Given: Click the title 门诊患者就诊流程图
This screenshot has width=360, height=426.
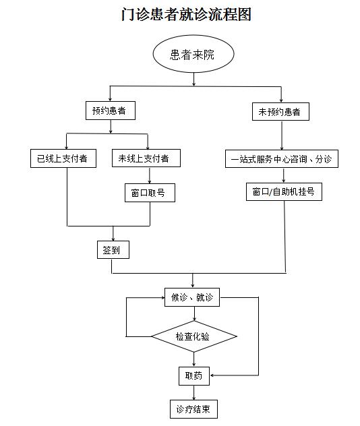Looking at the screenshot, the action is pyautogui.click(x=186, y=14).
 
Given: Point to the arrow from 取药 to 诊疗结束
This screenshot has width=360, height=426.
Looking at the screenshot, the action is pyautogui.click(x=194, y=392).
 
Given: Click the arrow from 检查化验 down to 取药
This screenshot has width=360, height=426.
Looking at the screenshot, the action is pyautogui.click(x=194, y=359).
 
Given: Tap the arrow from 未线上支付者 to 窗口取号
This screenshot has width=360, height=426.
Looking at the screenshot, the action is pyautogui.click(x=150, y=175).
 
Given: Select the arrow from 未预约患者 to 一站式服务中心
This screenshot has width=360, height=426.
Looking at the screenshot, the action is pyautogui.click(x=282, y=135).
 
